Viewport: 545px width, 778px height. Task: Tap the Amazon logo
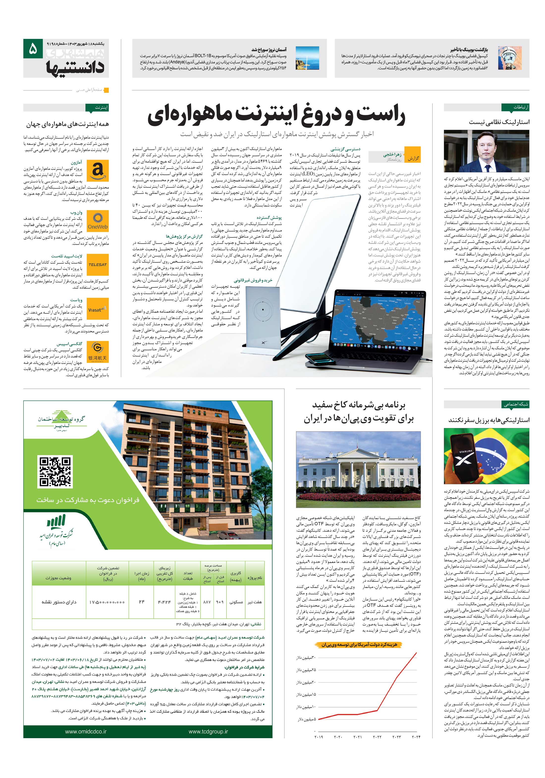[x=98, y=171]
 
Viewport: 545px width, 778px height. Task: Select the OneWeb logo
[x=98, y=221]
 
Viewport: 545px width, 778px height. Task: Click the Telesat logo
[x=98, y=265]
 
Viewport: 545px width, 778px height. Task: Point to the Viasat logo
[x=98, y=309]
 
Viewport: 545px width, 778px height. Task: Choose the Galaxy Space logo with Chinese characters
[x=98, y=352]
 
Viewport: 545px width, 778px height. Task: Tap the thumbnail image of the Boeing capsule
[x=509, y=58]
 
